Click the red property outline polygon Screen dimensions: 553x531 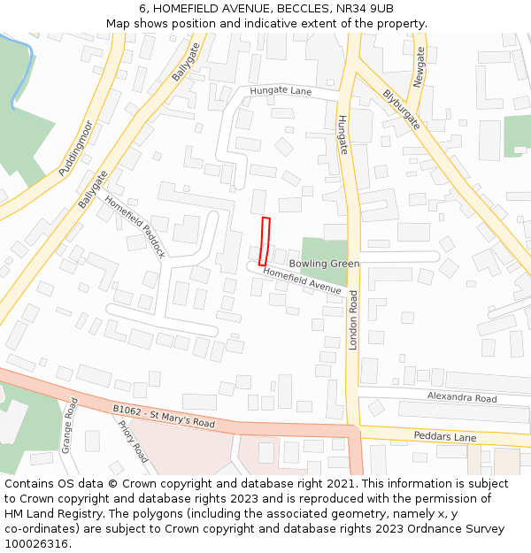click(x=265, y=241)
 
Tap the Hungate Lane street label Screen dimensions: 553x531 click(x=281, y=91)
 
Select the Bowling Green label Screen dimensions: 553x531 click(x=324, y=264)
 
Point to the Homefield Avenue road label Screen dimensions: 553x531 click(x=302, y=281)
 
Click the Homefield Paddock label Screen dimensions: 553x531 click(x=135, y=226)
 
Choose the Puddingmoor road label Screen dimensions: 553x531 click(x=75, y=149)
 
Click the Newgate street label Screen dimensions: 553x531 click(x=419, y=66)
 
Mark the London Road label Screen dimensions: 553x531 click(x=353, y=319)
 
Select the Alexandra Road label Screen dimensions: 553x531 click(x=462, y=398)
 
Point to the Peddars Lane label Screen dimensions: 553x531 click(x=444, y=437)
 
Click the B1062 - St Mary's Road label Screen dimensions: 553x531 click(x=164, y=416)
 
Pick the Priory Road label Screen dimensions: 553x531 click(x=133, y=441)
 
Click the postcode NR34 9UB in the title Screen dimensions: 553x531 click(x=365, y=8)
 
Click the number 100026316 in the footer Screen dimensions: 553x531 click(x=37, y=543)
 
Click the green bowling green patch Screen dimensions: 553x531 click(x=323, y=250)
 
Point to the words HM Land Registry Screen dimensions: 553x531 click(x=46, y=513)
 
